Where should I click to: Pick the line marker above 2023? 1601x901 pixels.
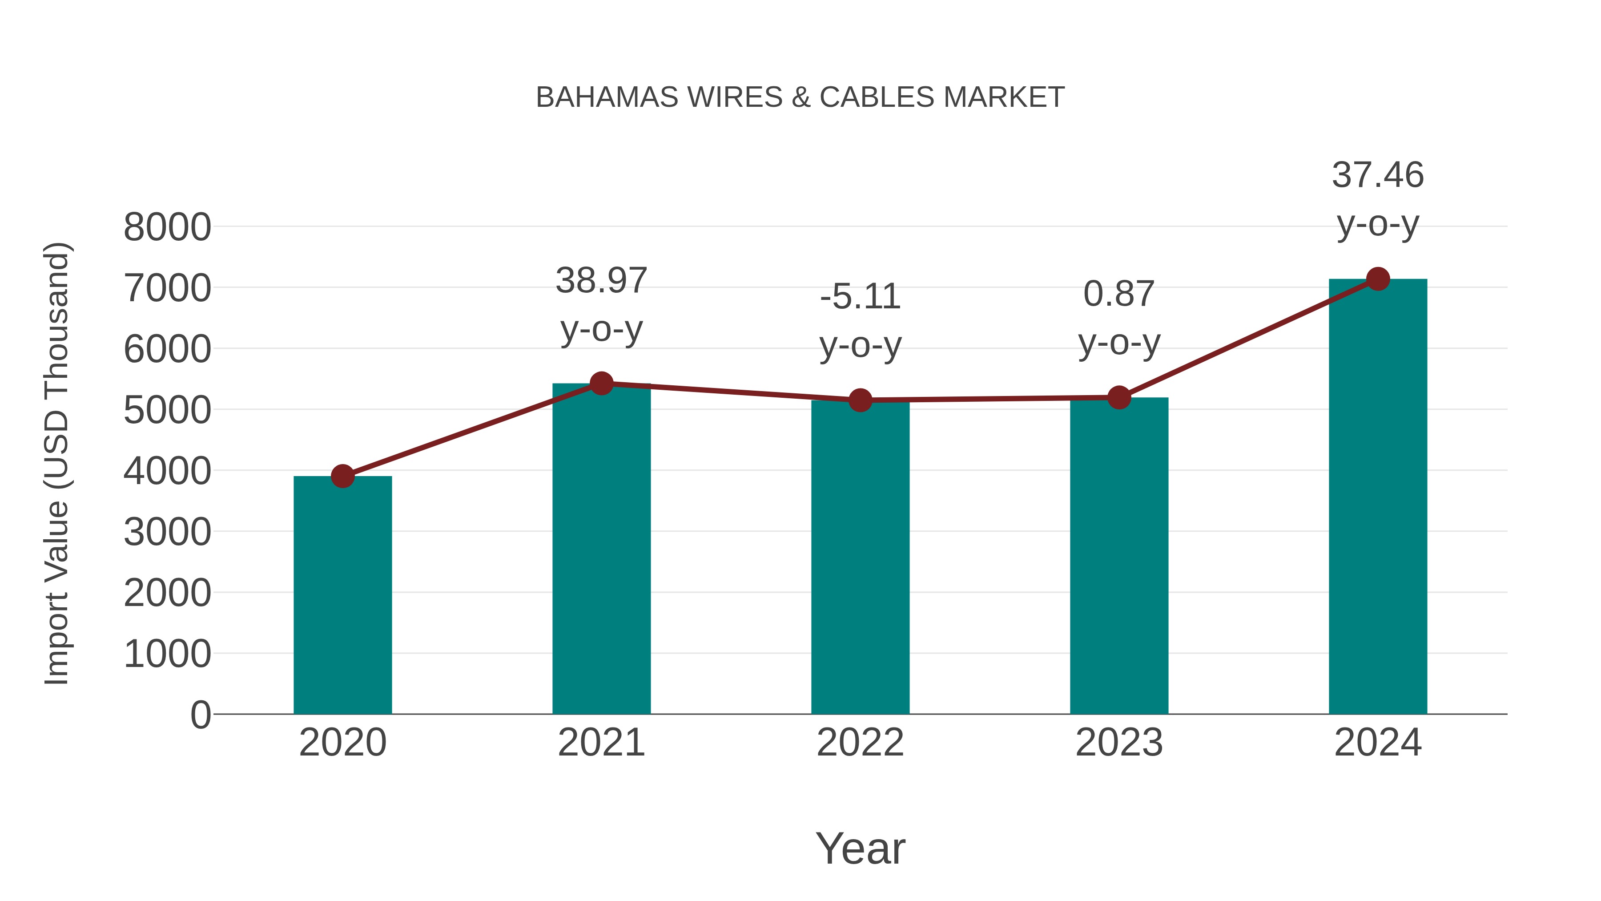pos(1119,397)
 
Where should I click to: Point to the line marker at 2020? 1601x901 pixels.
pos(342,476)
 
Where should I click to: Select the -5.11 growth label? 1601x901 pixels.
pos(860,297)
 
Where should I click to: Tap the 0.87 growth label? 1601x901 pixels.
pos(1119,294)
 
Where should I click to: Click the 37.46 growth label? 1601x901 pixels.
pos(1378,175)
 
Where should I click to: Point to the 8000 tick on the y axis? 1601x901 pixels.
pos(167,227)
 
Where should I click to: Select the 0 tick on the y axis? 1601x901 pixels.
pos(201,715)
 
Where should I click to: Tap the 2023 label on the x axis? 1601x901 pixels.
pos(1119,743)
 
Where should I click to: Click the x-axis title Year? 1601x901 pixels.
pos(860,849)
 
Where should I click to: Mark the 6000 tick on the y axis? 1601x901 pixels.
pos(167,349)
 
